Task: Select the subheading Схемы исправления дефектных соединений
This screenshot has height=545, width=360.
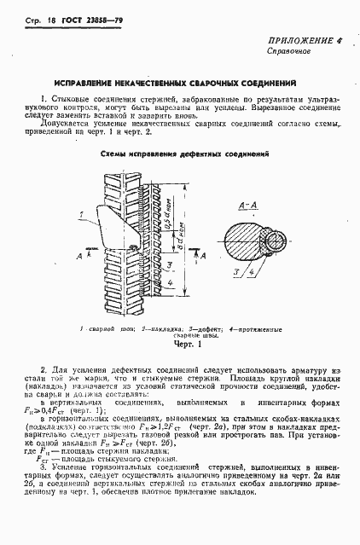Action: click(179, 154)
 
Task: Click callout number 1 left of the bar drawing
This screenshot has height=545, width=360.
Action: click(78, 212)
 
